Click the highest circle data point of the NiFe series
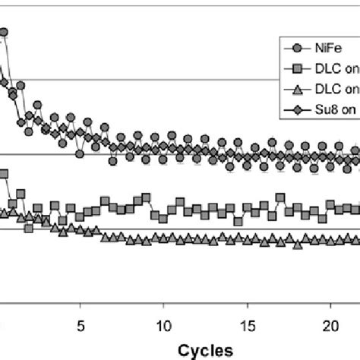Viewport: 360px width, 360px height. (4, 32)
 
